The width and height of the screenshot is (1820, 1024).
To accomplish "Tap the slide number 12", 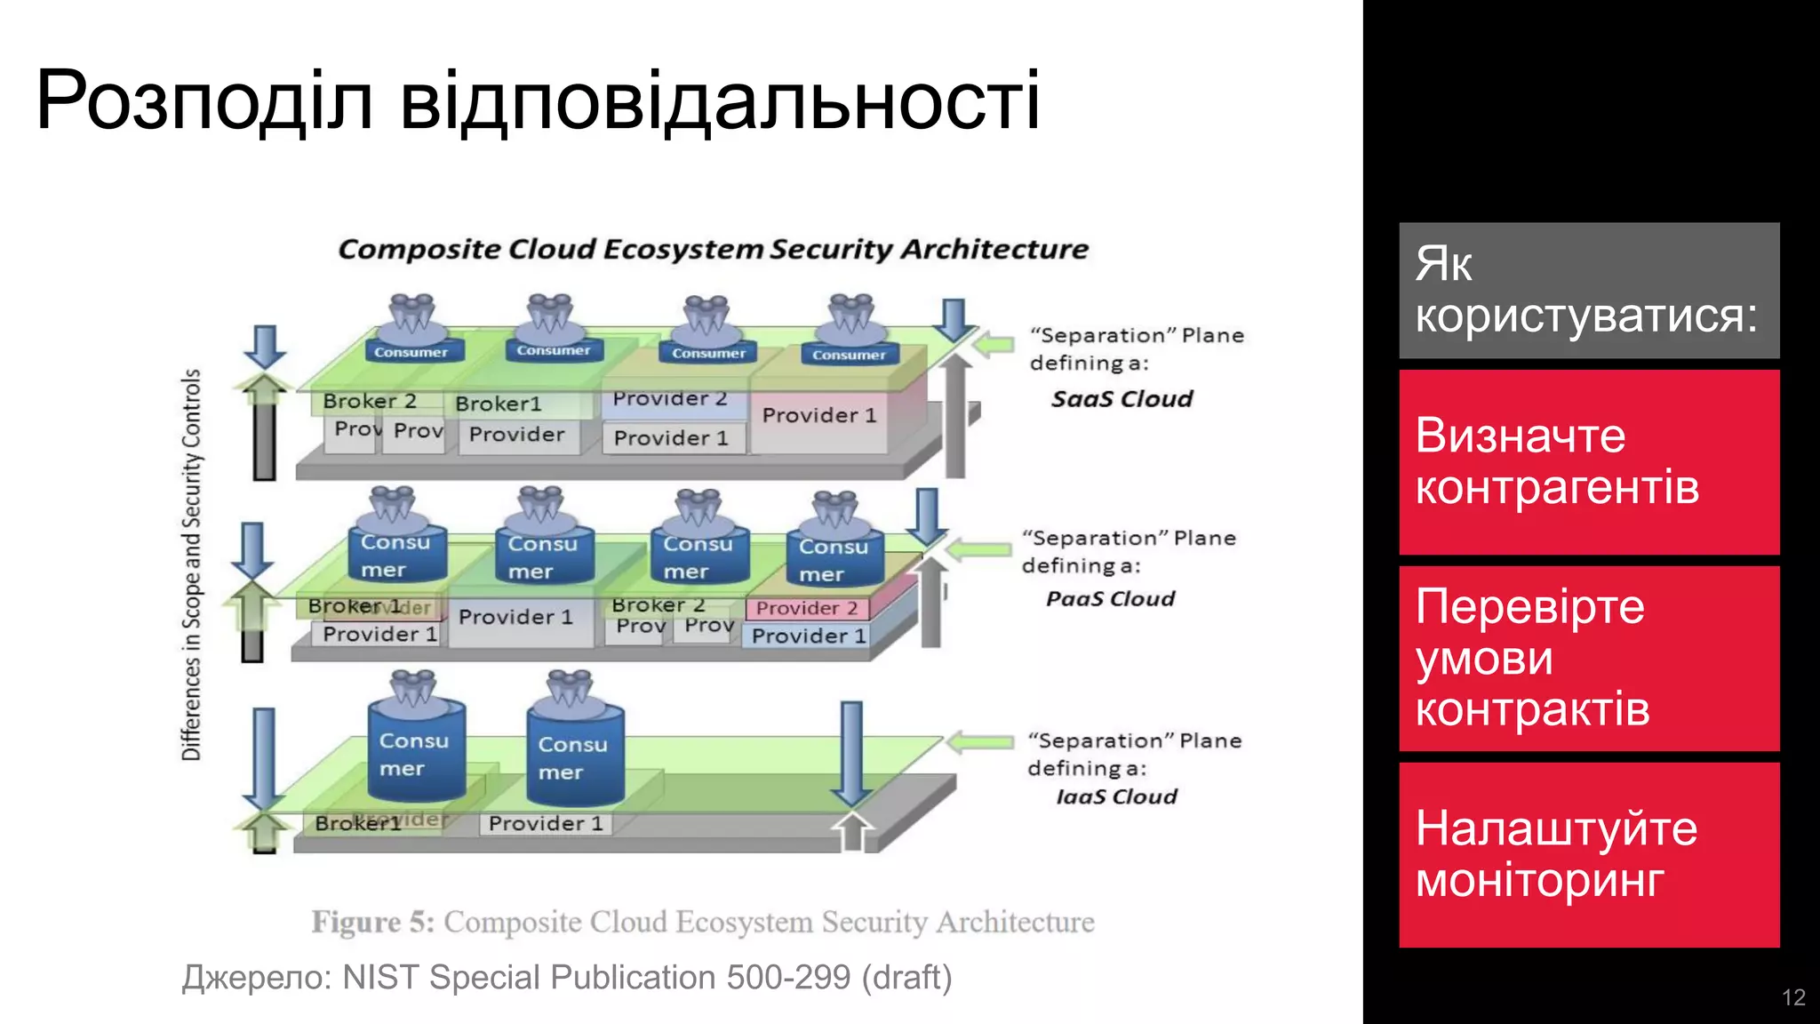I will (1793, 997).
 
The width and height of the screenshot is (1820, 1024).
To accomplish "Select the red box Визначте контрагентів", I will (1589, 462).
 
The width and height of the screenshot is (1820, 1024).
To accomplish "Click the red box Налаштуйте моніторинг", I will (1589, 854).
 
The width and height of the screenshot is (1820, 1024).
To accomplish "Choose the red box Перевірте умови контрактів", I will (1589, 658).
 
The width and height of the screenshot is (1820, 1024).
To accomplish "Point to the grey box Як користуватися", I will (1589, 290).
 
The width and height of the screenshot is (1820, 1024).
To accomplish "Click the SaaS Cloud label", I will (1122, 399).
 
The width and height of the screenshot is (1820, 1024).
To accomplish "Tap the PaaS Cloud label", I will (1110, 599).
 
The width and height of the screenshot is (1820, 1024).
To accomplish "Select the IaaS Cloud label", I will (1116, 796).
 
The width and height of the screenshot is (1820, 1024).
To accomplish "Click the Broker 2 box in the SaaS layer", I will (369, 402).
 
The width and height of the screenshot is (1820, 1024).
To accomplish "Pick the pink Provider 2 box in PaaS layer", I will (806, 608).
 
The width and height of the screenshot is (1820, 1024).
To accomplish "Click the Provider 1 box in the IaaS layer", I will (546, 824).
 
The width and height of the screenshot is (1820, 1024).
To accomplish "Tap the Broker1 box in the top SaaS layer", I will (499, 404).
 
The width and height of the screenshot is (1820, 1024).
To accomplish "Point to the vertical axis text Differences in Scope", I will (192, 564).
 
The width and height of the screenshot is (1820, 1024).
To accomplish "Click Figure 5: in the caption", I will (372, 922).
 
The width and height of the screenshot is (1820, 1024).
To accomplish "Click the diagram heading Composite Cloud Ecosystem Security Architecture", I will (713, 249).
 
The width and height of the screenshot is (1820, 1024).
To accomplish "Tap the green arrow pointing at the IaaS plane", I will (980, 741).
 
